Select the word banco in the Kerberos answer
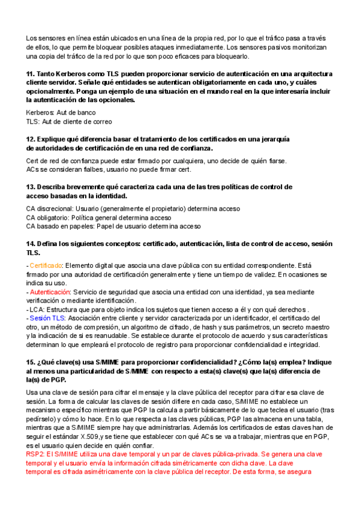85,112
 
